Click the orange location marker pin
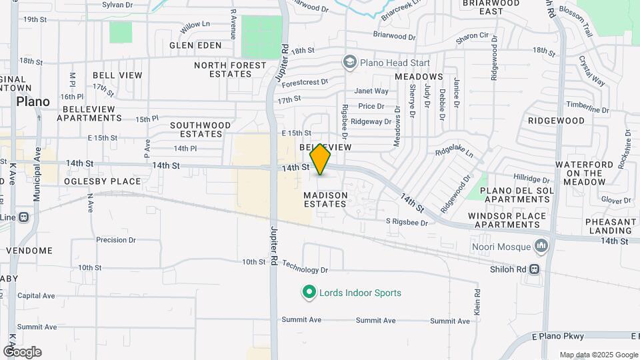pyautogui.click(x=321, y=159)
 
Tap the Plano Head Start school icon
pyautogui.click(x=349, y=63)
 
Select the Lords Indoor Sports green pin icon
pyautogui.click(x=309, y=293)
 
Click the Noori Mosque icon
pyautogui.click(x=541, y=247)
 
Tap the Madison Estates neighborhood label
pyautogui.click(x=325, y=199)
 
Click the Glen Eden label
pyautogui.click(x=195, y=45)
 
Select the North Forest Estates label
pyautogui.click(x=230, y=69)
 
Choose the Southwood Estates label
pyautogui.click(x=201, y=129)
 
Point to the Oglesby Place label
pyautogui.click(x=103, y=181)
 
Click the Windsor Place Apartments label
pyautogui.click(x=507, y=220)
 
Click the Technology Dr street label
pyautogui.click(x=305, y=270)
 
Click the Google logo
pyautogui.click(x=22, y=352)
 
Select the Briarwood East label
pyautogui.click(x=491, y=7)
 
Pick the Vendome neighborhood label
pyautogui.click(x=29, y=251)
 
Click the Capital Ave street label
pyautogui.click(x=36, y=296)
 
